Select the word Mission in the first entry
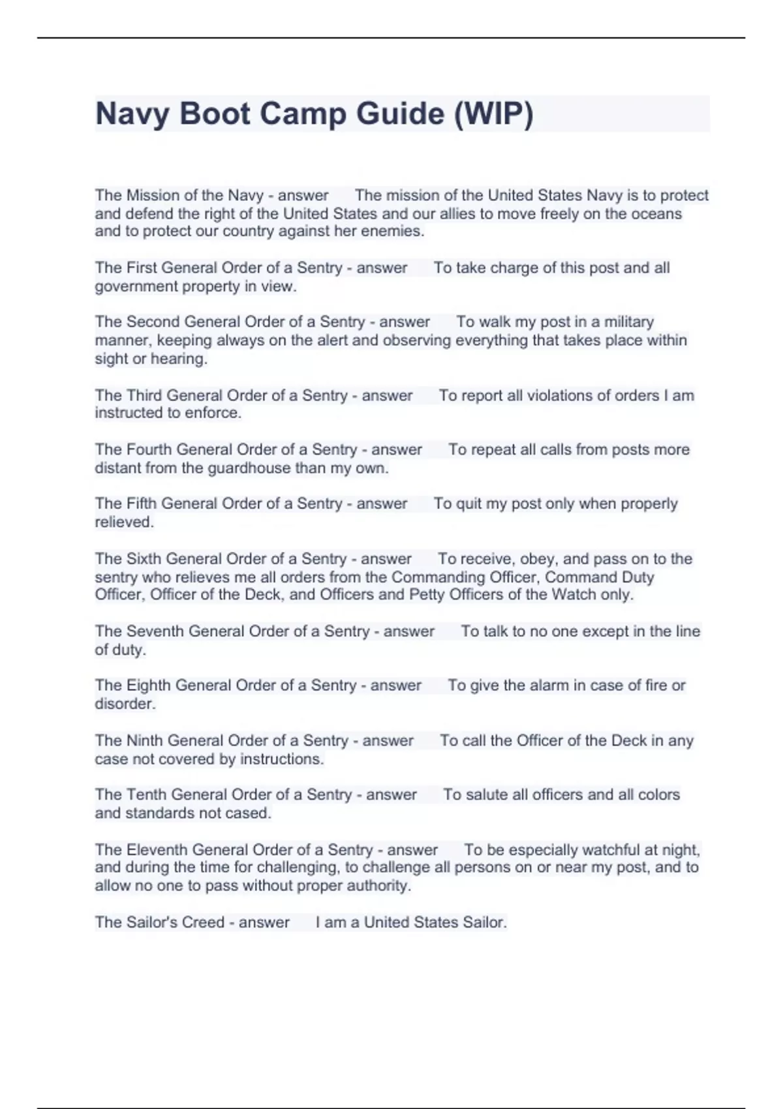pyautogui.click(x=153, y=195)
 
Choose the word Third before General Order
pyautogui.click(x=144, y=395)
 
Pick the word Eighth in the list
pyautogui.click(x=148, y=685)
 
